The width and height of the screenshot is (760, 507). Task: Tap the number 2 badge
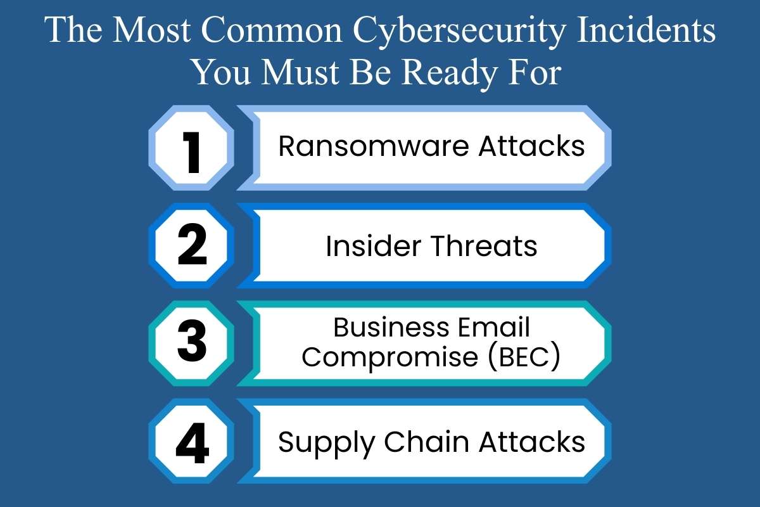pyautogui.click(x=191, y=245)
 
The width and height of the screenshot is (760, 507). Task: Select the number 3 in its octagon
pyautogui.click(x=191, y=343)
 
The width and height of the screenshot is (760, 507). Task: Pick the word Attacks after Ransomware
pyautogui.click(x=531, y=147)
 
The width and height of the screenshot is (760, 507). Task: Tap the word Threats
pyautogui.click(x=484, y=245)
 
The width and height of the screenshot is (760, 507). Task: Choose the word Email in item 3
pyautogui.click(x=495, y=328)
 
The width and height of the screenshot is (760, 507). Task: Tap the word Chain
pyautogui.click(x=419, y=441)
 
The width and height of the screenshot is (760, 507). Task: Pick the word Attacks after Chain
pyautogui.click(x=531, y=441)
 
